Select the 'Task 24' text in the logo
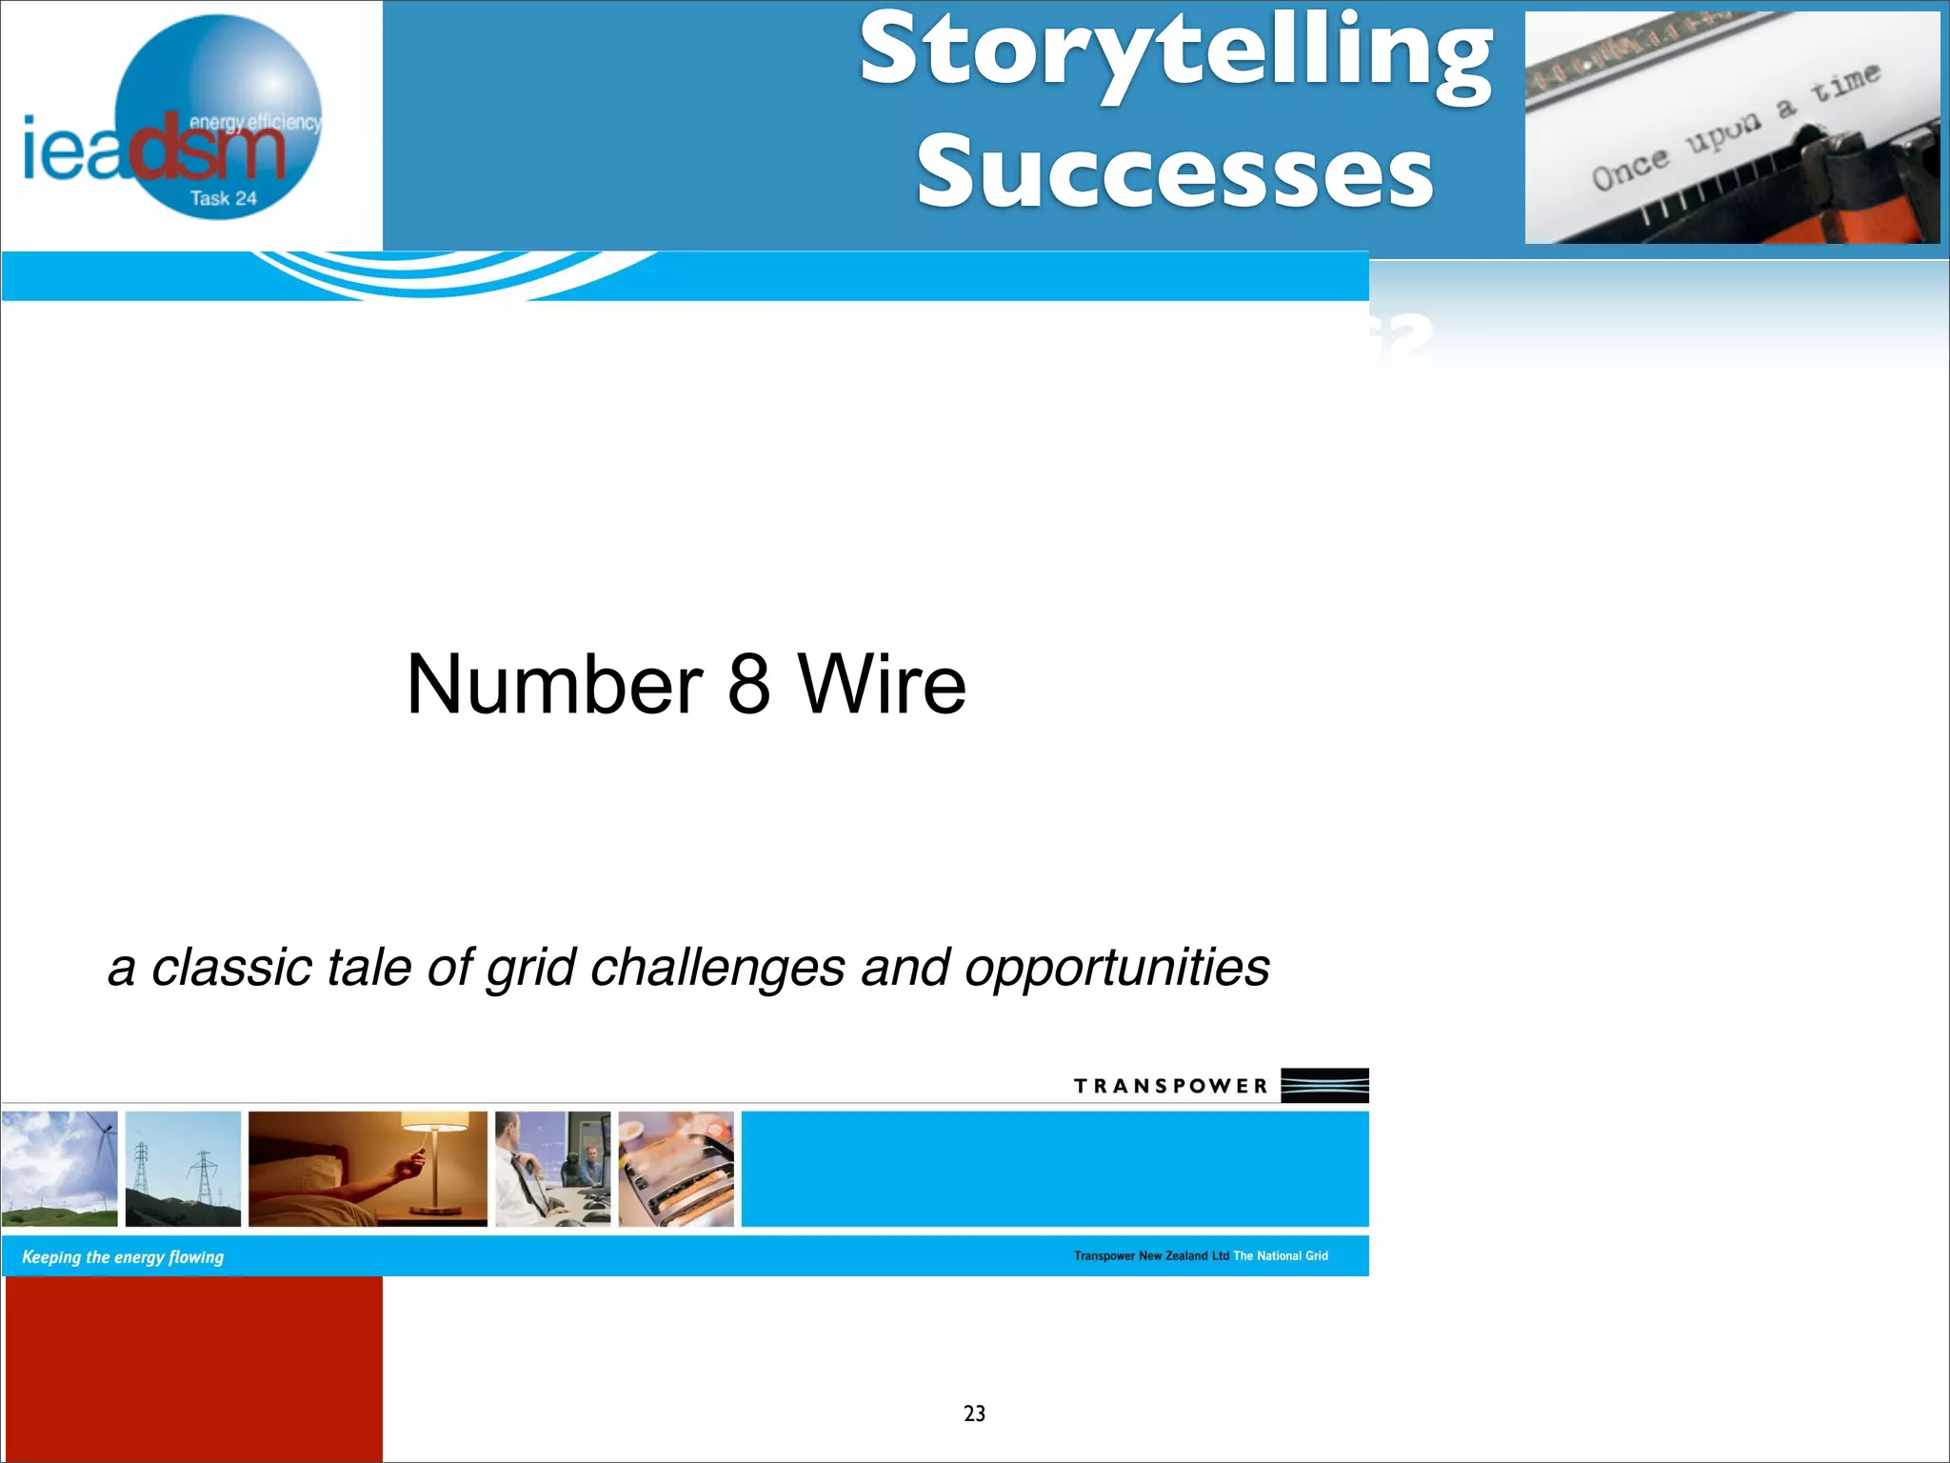223,198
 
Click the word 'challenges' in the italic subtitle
717,968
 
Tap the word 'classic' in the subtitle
231,968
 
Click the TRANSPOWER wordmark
1171,1086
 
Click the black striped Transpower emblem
1323,1085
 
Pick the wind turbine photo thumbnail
59,1169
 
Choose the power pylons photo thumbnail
183,1169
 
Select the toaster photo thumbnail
676,1169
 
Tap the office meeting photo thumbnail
552,1169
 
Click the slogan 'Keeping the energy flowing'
123,1257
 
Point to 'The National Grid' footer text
1281,1256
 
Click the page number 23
974,1413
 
